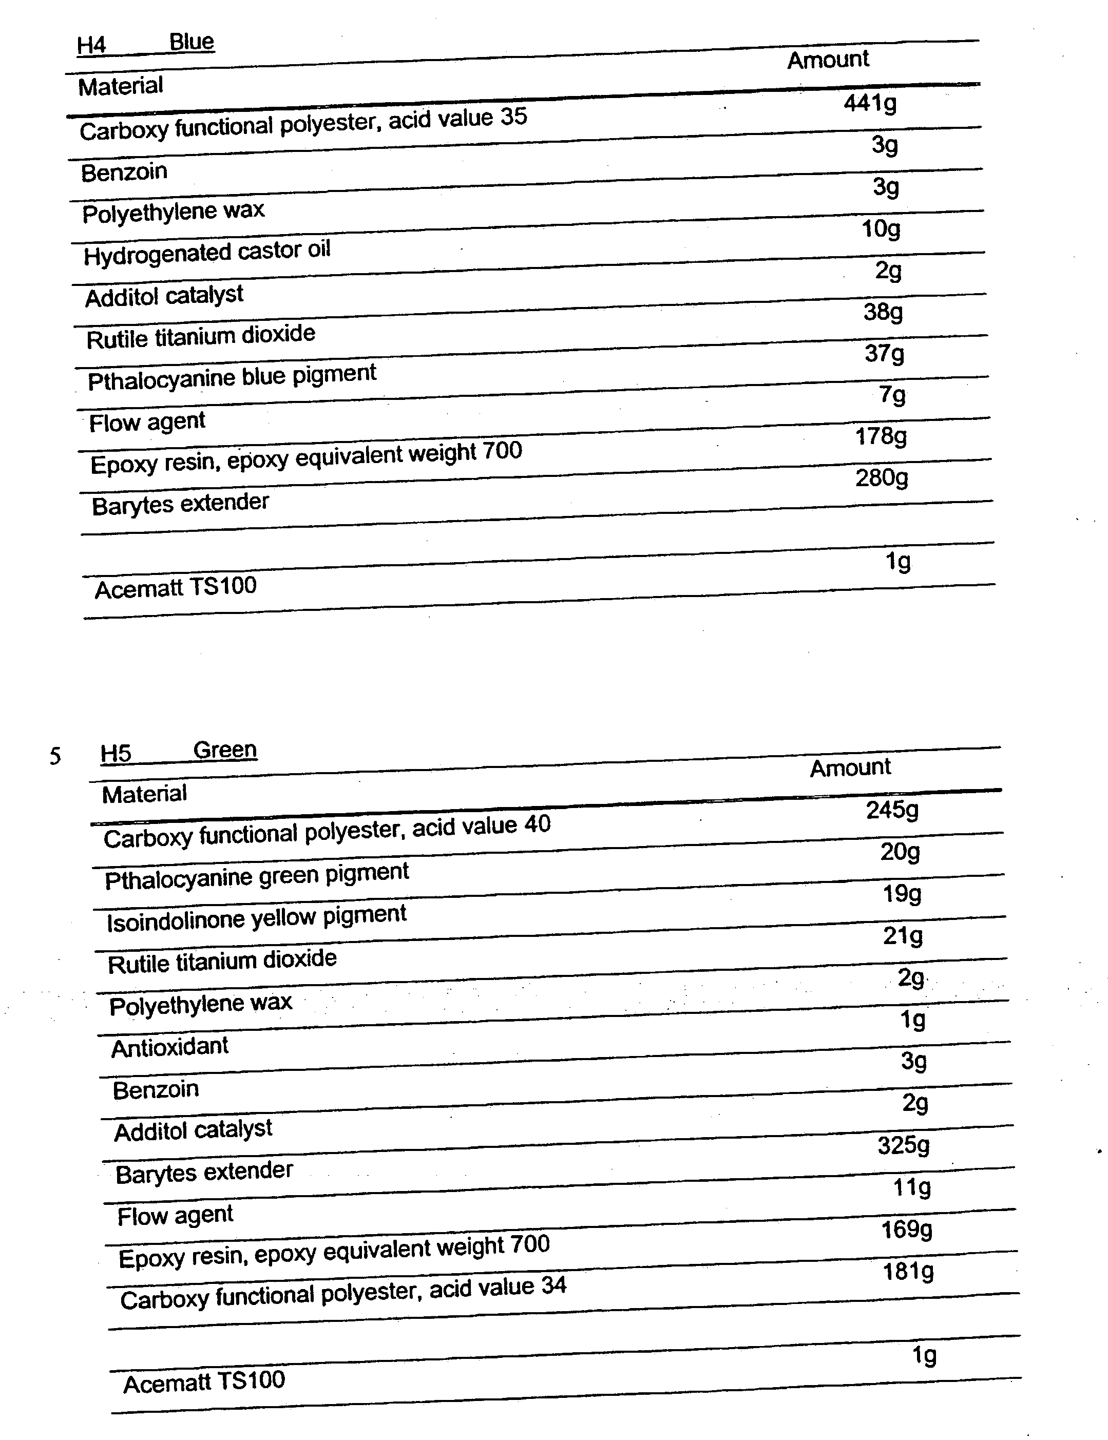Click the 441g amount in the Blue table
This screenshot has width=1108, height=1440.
pos(870,104)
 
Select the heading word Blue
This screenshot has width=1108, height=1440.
pos(192,42)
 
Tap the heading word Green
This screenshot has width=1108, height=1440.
pos(224,751)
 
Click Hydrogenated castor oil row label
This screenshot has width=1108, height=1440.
pos(206,253)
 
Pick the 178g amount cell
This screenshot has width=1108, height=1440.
pos(881,436)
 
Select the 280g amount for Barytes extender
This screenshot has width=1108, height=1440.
pos(882,478)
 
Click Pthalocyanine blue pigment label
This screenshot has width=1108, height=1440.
pos(232,378)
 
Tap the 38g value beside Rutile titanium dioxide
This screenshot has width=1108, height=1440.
pos(883,312)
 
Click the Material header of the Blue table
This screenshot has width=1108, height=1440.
pos(120,86)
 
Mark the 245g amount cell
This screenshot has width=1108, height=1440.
pos(892,810)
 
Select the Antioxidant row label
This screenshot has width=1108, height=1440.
pos(169,1048)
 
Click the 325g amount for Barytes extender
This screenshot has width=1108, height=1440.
pos(903,1146)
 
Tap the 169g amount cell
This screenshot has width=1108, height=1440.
pos(906,1230)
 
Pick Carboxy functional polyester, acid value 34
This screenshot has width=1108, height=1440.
pos(343,1294)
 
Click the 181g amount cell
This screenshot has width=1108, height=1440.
pos(908,1271)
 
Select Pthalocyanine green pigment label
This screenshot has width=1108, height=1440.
pos(257,876)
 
